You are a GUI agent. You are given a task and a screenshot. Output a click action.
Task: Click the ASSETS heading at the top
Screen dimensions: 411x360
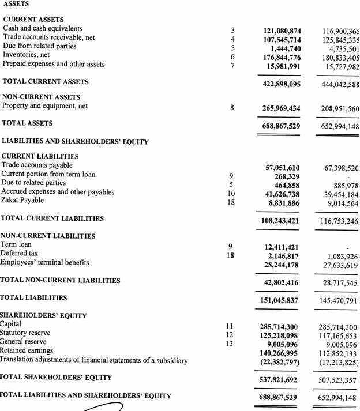click(x=16, y=5)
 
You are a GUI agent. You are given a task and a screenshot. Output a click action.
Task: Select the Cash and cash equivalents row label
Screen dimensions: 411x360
click(x=43, y=28)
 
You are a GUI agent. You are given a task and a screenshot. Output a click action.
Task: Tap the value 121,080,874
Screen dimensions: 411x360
click(x=282, y=30)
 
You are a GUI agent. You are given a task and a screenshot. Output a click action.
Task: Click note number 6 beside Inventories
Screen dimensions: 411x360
click(x=232, y=57)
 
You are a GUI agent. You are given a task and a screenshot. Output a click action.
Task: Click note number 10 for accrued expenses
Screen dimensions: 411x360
click(x=231, y=194)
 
